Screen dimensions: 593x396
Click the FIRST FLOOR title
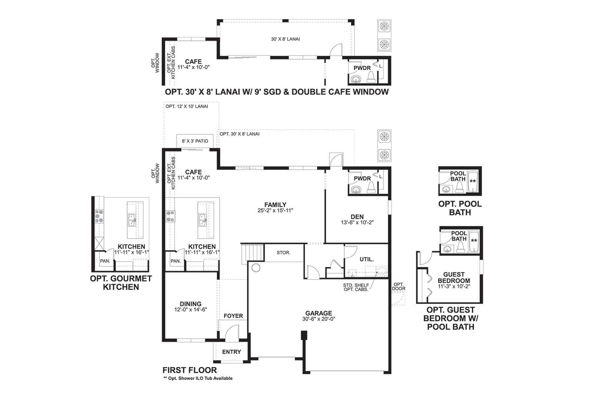point(190,370)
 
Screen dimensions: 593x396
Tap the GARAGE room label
point(319,313)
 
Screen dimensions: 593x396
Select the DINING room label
point(190,304)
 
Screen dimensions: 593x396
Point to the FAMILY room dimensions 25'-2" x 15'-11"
point(275,210)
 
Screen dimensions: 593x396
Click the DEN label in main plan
point(357,217)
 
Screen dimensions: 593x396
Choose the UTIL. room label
point(367,259)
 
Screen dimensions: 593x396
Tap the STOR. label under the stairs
point(283,252)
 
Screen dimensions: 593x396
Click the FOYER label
point(233,316)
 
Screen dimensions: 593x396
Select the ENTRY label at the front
point(232,352)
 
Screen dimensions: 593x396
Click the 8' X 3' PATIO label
point(195,141)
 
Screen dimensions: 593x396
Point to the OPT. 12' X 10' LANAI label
point(187,106)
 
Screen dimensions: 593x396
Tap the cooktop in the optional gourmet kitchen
point(99,216)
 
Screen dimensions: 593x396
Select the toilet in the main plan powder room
point(371,187)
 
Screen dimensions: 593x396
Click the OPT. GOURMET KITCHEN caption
point(121,283)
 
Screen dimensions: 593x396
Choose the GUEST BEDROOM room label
point(454,278)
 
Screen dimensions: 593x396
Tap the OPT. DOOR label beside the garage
point(399,286)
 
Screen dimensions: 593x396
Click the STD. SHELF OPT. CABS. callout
point(356,287)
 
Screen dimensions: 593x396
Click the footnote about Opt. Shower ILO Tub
point(198,378)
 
